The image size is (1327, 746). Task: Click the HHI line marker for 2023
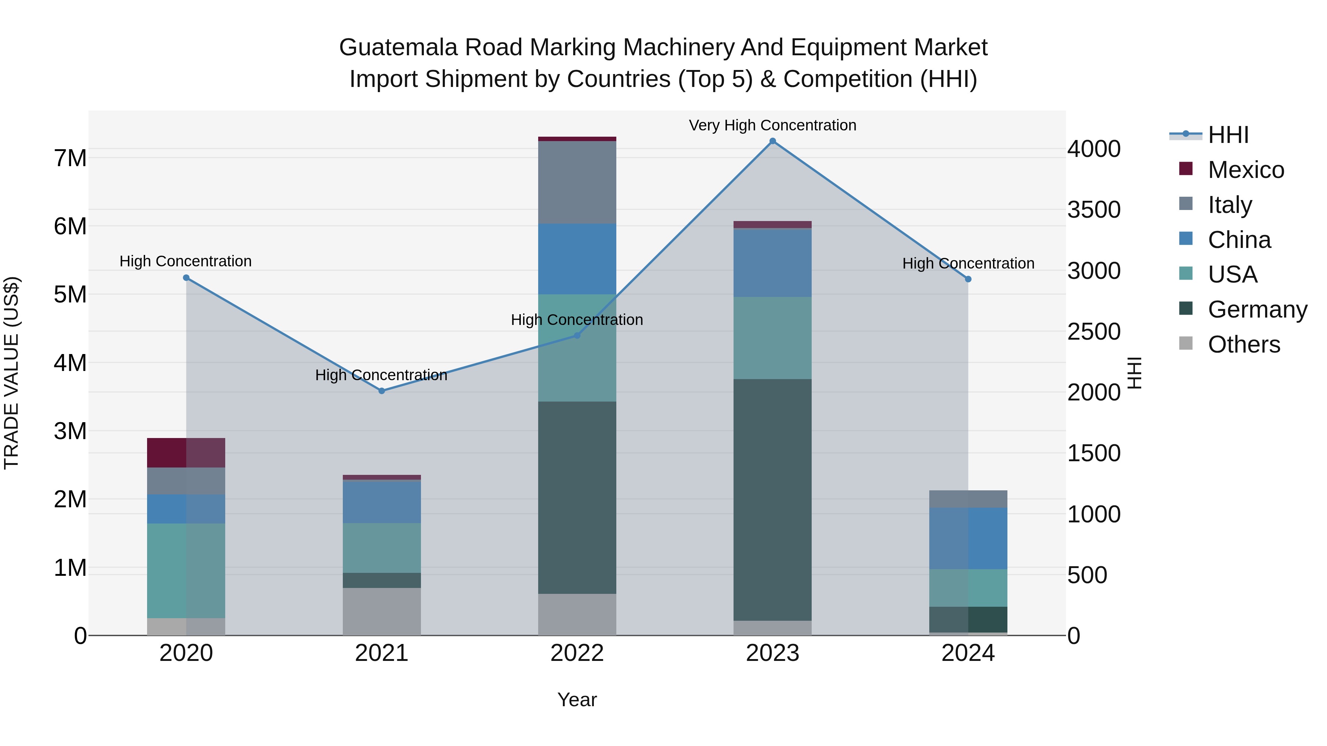[772, 141]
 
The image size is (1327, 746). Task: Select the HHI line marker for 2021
[382, 391]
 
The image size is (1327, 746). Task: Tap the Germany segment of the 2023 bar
[772, 500]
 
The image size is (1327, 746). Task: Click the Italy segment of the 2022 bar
[577, 182]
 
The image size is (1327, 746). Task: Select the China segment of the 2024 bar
[968, 538]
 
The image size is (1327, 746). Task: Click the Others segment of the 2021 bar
[382, 611]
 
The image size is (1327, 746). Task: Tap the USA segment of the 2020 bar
[186, 570]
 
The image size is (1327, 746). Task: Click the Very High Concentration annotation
[772, 125]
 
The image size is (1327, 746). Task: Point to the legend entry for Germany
[1257, 309]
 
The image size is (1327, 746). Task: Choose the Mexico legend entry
[1246, 170]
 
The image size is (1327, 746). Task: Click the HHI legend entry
[1228, 135]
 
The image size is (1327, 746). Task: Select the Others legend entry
[1244, 344]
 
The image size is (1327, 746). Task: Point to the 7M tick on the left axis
[70, 158]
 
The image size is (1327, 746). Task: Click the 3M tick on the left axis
[70, 431]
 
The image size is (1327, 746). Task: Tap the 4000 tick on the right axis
[1094, 149]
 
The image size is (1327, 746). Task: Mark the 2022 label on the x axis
[577, 653]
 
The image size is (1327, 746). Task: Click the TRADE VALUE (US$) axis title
[11, 373]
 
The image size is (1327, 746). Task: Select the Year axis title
[577, 700]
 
